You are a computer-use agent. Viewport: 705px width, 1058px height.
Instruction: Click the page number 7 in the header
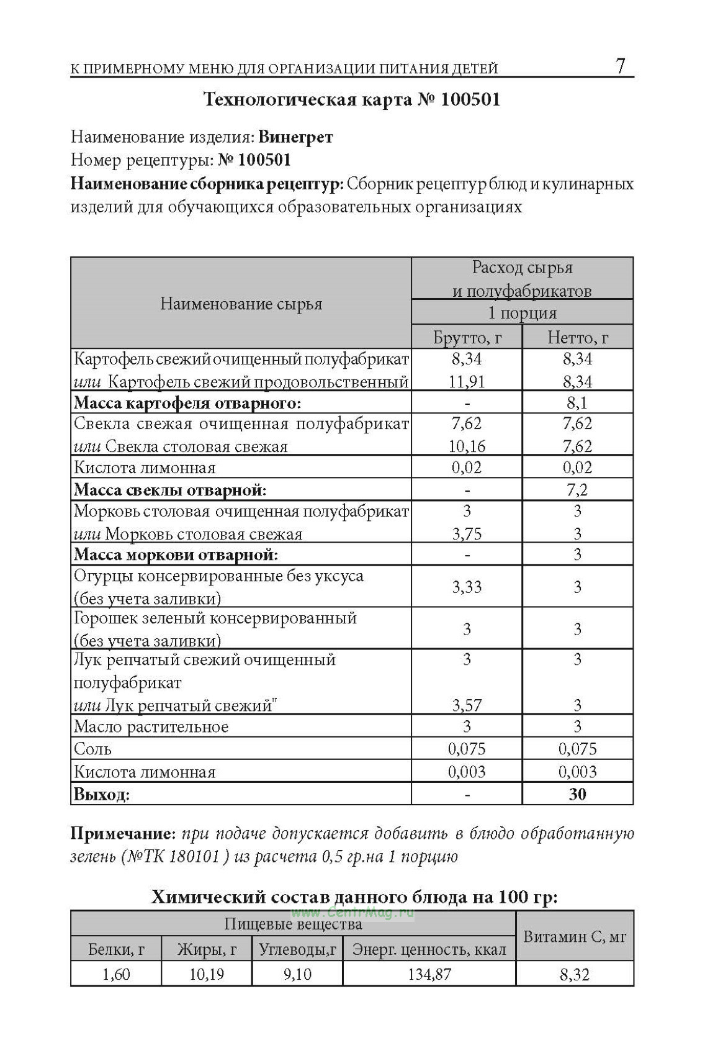[x=621, y=66]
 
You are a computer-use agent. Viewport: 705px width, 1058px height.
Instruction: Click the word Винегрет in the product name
[x=295, y=137]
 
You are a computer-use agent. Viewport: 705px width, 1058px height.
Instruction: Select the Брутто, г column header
[x=467, y=338]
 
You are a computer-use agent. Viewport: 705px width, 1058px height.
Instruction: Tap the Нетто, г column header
[x=577, y=338]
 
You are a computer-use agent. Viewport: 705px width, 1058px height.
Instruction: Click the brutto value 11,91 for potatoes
[x=467, y=381]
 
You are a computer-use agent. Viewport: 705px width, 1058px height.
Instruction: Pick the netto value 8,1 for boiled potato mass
[x=577, y=403]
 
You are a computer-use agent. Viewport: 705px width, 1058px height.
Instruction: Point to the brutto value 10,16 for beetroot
[x=467, y=446]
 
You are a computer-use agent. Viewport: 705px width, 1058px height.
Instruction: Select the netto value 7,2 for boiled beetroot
[x=577, y=490]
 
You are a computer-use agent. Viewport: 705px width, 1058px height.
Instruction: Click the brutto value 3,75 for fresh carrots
[x=467, y=534]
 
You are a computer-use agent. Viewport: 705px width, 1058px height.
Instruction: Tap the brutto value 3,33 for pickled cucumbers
[x=467, y=587]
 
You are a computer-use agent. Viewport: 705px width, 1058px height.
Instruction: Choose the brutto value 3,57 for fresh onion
[x=467, y=705]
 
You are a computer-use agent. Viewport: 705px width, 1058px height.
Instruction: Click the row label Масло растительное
[x=151, y=727]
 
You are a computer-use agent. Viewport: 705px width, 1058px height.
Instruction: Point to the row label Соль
[x=92, y=749]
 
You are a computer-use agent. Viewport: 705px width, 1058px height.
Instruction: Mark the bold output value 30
[x=577, y=794]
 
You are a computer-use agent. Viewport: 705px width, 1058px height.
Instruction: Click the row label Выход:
[x=102, y=794]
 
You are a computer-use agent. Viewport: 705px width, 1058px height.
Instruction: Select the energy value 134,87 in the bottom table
[x=429, y=974]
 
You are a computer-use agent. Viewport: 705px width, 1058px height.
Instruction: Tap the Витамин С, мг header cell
[x=575, y=936]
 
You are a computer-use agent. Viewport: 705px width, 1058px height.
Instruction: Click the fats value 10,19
[x=207, y=974]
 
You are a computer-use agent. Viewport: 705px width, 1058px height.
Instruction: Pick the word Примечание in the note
[x=120, y=833]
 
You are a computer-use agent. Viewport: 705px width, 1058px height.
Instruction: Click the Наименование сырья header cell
[x=241, y=304]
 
